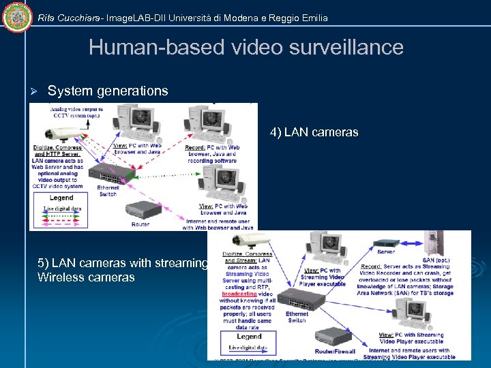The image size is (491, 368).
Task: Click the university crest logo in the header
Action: coord(17,16)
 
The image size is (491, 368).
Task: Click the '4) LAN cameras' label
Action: coord(314,132)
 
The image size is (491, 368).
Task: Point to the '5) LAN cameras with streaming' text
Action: coord(123,264)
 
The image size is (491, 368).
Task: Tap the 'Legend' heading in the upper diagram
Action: coord(61,198)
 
